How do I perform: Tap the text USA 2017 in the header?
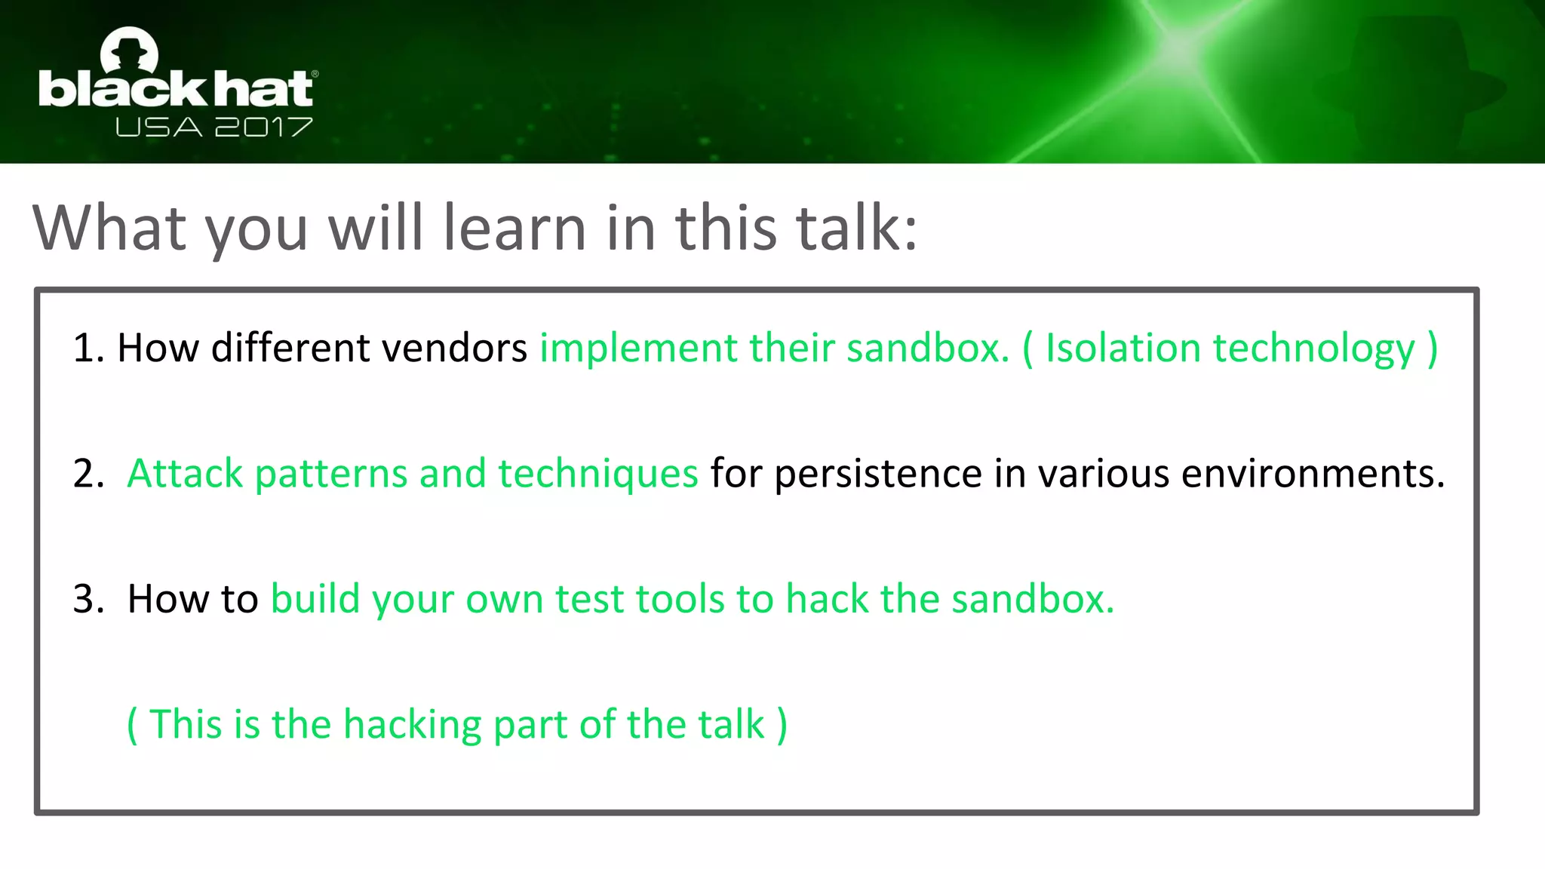213,127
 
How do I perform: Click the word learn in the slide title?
514,228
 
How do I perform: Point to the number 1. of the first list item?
88,349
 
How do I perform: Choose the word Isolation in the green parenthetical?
1123,349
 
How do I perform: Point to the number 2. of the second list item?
88,474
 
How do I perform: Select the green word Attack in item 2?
185,474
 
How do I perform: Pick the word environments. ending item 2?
1313,474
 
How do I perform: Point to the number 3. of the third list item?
88,599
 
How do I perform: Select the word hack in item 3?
827,599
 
